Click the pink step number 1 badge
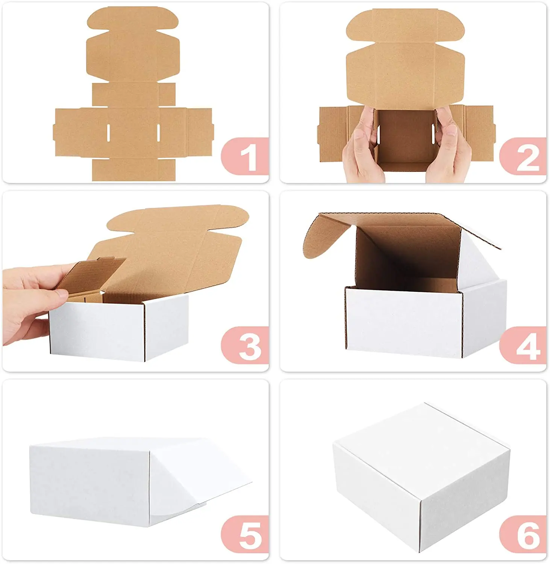pyautogui.click(x=246, y=156)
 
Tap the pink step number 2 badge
pyautogui.click(x=524, y=156)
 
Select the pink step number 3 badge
pyautogui.click(x=246, y=345)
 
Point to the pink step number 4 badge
pyautogui.click(x=524, y=345)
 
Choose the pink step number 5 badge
pyautogui.click(x=246, y=534)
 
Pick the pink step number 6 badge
pyautogui.click(x=524, y=534)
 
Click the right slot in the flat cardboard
pyautogui.click(x=158, y=132)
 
